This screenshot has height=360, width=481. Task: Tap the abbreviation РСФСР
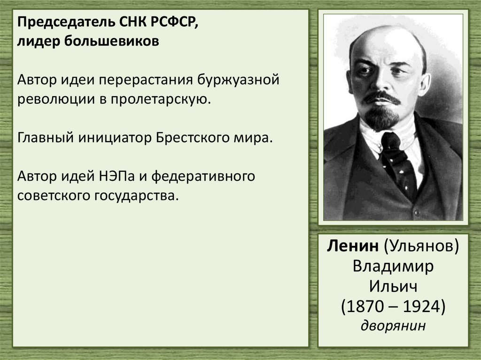click(x=174, y=24)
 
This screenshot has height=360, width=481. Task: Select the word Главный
click(x=45, y=138)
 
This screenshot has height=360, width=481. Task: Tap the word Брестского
click(x=194, y=138)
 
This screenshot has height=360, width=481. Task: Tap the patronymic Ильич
click(x=393, y=286)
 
